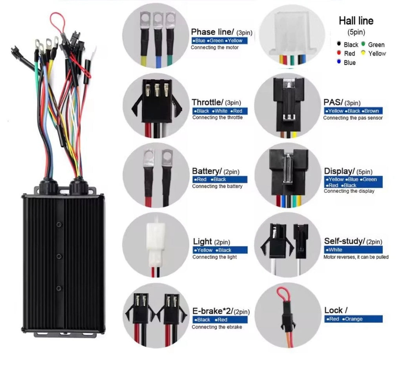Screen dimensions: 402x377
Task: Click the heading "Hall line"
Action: pos(356,21)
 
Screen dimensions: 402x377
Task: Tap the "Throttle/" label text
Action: pos(207,102)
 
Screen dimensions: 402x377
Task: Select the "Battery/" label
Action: pos(206,171)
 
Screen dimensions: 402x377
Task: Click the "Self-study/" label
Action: pos(344,241)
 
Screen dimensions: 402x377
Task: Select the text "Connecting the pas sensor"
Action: pos(353,118)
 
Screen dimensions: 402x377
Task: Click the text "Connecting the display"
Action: pos(349,191)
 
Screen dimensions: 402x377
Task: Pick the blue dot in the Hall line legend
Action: pos(339,62)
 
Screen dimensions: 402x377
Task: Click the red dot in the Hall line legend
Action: pos(339,53)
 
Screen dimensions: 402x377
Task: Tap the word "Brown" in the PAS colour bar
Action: pos(371,111)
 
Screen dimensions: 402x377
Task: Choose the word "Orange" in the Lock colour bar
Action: pos(354,319)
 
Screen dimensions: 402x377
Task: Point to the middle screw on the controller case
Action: pos(59,256)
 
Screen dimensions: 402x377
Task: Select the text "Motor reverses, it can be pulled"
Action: pos(356,257)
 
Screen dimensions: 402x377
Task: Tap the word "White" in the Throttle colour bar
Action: pos(221,111)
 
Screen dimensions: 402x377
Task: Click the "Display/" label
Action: pos(339,171)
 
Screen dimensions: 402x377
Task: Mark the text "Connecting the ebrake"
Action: pos(217,327)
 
